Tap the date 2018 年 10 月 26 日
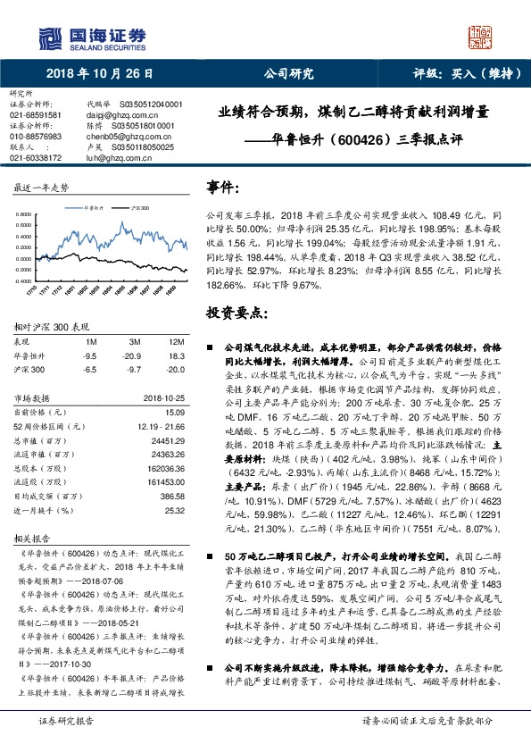(x=99, y=74)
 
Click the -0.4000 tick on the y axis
(x=23, y=280)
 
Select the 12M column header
(x=176, y=341)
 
